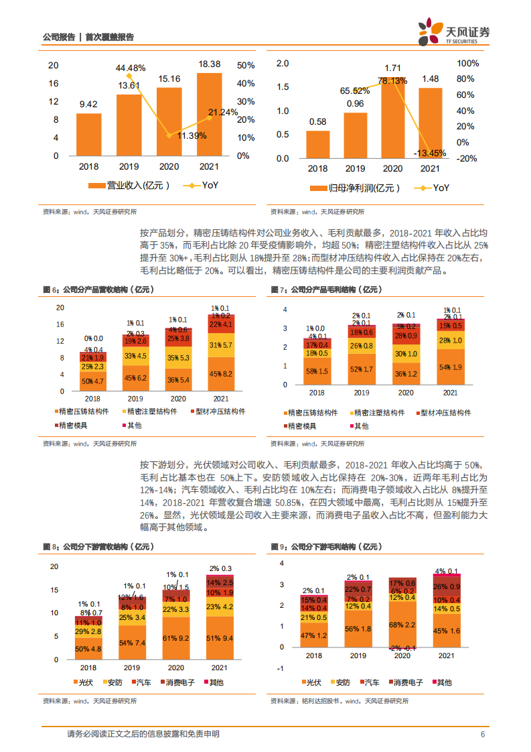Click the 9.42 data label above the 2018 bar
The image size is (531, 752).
click(x=88, y=104)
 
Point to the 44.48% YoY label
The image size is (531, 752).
click(x=130, y=68)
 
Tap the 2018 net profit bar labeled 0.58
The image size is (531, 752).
click(x=318, y=144)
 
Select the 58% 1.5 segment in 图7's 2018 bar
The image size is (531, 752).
click(x=317, y=371)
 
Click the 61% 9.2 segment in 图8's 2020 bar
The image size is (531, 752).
click(x=176, y=639)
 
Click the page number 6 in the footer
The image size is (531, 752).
click(x=482, y=735)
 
